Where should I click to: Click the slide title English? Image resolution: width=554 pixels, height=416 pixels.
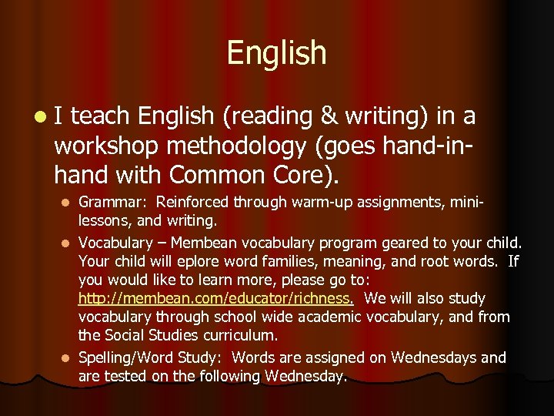[276, 52]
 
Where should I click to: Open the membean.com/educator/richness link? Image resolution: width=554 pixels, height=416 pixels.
[216, 298]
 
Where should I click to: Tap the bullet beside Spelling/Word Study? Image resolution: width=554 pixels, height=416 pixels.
[66, 358]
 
